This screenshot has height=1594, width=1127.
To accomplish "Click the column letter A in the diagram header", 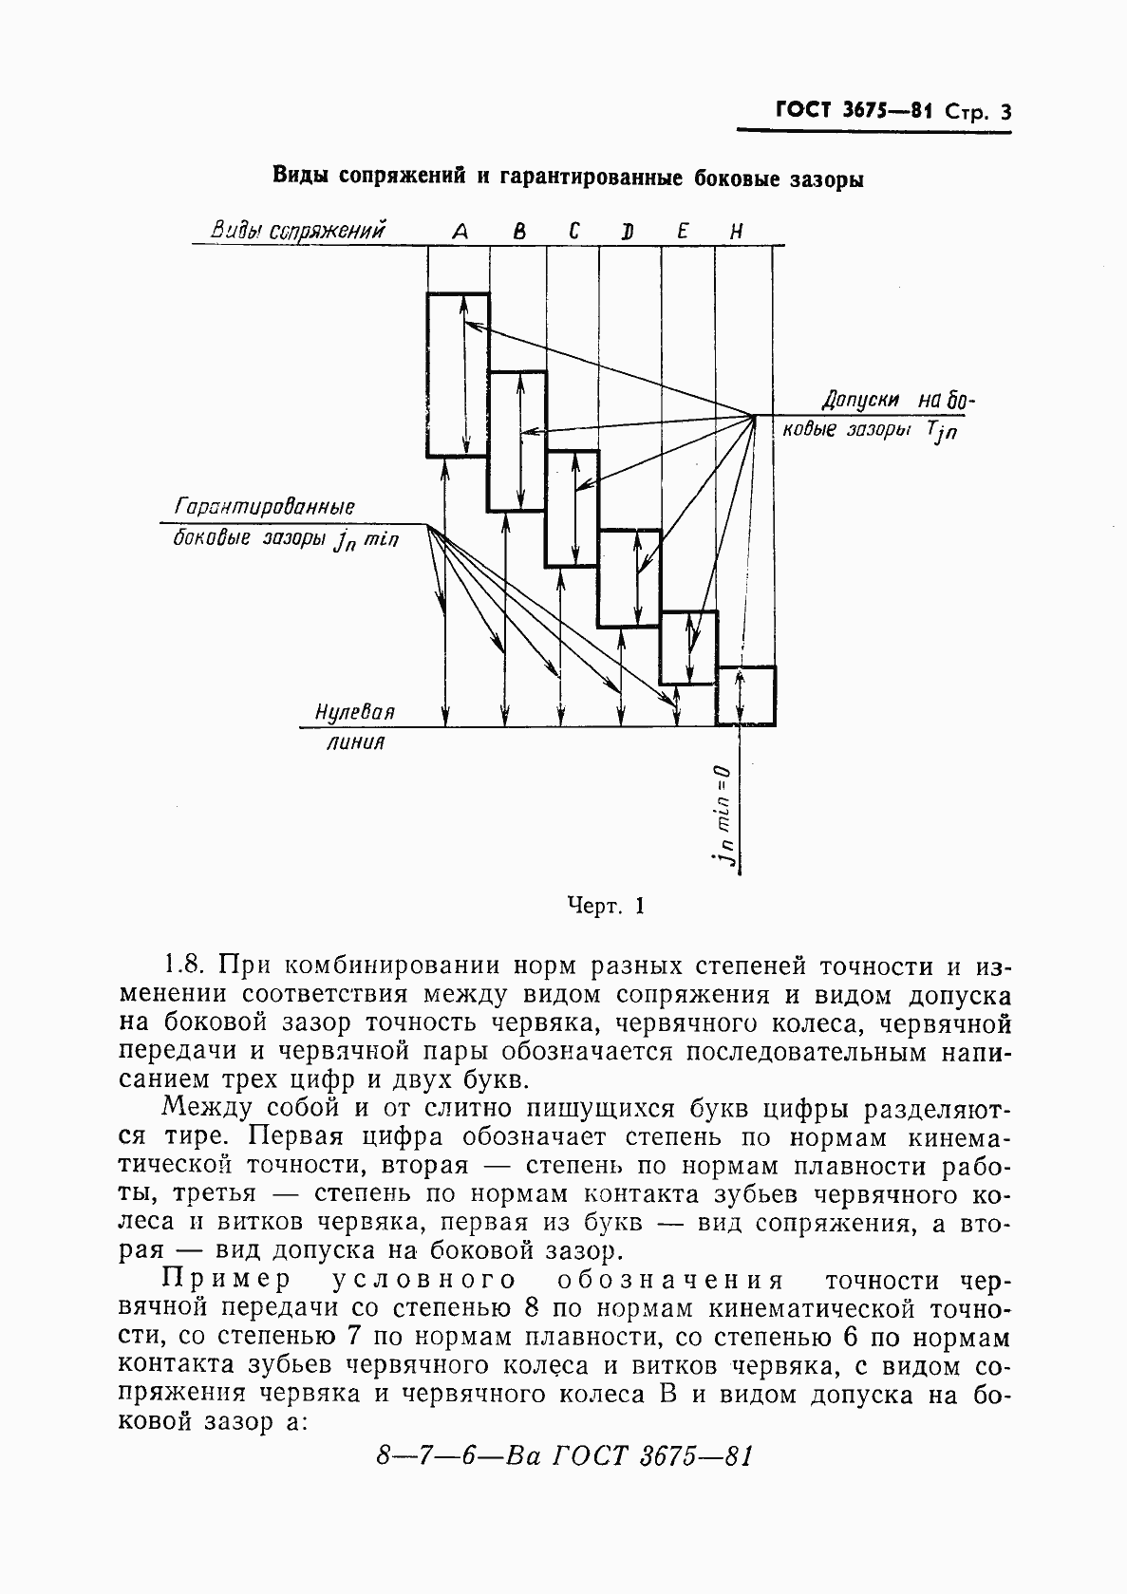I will [x=460, y=231].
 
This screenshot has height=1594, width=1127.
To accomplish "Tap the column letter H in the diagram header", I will [x=736, y=231].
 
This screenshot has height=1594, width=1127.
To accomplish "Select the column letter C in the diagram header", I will [x=574, y=231].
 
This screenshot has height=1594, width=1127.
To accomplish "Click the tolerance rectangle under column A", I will [x=458, y=375].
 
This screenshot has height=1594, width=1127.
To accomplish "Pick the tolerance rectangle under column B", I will [x=517, y=441].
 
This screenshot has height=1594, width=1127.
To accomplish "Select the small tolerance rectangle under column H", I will [x=745, y=696].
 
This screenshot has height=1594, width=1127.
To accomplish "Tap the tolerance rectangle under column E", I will [x=688, y=648].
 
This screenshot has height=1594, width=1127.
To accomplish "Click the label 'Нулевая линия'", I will [x=355, y=727].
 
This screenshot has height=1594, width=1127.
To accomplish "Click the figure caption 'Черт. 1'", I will [x=605, y=906].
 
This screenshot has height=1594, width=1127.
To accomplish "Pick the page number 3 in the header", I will [x=1005, y=113].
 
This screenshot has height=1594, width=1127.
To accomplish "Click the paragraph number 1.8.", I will [x=184, y=966].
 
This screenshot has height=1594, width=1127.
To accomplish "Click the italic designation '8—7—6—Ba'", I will [x=459, y=1455].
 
